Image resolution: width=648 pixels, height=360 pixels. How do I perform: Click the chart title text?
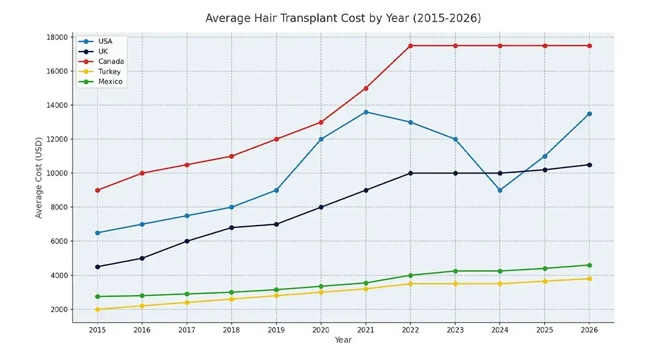coord(343,18)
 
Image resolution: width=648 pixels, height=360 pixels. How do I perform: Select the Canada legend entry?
coord(110,61)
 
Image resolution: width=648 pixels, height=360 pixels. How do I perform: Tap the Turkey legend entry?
coord(109,71)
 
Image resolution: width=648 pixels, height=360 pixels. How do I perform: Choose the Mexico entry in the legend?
coord(110,82)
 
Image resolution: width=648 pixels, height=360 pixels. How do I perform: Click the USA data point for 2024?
coord(500,190)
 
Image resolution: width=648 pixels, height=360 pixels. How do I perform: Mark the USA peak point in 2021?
coord(366,112)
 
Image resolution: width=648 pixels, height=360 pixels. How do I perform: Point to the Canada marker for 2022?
coord(410,46)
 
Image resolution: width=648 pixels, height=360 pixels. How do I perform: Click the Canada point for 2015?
coord(98,190)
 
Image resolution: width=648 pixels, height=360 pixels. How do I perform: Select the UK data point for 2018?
coord(232,227)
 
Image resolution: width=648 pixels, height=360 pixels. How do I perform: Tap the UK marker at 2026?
coord(589,165)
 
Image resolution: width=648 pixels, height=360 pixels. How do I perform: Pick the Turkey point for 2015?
coord(98,310)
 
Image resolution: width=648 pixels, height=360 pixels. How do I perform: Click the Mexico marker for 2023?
coord(455,271)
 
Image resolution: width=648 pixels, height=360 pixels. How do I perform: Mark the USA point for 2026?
coord(589,114)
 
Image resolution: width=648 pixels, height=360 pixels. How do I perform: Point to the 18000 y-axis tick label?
coord(58,37)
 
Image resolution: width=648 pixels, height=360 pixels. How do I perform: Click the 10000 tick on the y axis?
coord(58,173)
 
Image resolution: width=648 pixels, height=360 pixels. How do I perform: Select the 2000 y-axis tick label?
coord(59,310)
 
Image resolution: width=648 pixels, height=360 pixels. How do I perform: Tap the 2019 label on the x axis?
coord(276,330)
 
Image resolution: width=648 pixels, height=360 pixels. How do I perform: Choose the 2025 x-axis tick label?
coord(545,330)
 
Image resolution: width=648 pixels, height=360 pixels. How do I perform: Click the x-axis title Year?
coord(343,340)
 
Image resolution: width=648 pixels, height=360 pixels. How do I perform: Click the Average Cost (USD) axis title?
coord(39,173)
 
